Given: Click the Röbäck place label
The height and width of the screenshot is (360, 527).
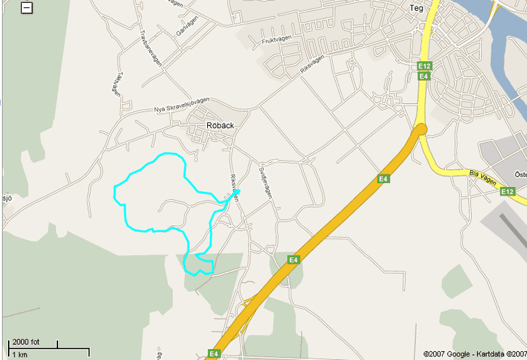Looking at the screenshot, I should click(x=220, y=125).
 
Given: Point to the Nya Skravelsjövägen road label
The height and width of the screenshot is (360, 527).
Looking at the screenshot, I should click(x=181, y=105).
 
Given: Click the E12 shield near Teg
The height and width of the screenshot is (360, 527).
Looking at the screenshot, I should click(x=425, y=66).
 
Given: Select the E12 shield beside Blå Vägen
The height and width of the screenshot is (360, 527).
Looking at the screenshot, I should click(x=508, y=191).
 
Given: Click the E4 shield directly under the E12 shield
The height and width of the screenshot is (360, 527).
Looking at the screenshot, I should click(x=425, y=76).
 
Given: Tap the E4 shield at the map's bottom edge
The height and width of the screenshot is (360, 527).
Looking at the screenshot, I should click(x=214, y=354).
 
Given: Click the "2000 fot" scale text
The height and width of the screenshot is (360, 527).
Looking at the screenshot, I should click(x=25, y=342).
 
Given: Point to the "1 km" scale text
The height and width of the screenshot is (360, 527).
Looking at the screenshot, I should click(x=20, y=354).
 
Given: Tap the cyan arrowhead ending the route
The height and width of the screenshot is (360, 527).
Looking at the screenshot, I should click(x=236, y=193).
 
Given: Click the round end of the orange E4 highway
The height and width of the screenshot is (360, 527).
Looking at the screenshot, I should click(x=421, y=129).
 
